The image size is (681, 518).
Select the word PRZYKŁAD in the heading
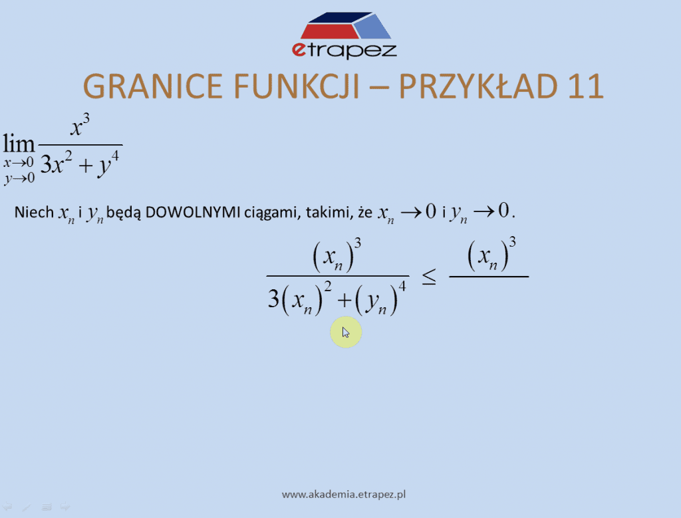pos(478,86)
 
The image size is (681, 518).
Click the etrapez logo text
pos(344,50)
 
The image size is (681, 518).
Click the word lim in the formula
pos(19,144)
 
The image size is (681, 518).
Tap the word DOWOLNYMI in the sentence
pos(193,212)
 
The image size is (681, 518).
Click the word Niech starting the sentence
pos(35,212)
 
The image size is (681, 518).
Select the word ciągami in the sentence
pos(272,213)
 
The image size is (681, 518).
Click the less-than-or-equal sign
pos(429,277)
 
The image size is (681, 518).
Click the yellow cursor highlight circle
pos(346,332)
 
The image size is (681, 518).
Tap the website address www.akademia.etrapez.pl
pos(344,495)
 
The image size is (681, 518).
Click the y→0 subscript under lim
pos(19,178)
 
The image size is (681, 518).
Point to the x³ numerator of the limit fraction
pos(80,126)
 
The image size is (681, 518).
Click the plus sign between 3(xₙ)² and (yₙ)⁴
pos(344,300)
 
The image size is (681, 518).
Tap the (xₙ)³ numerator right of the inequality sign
pos(491,255)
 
